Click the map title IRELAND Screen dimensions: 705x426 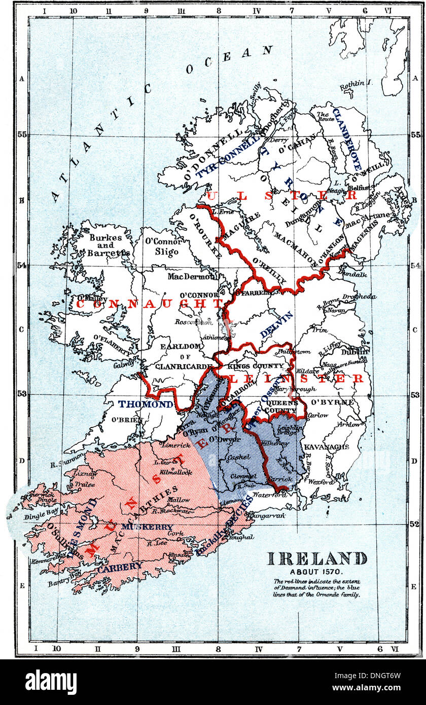point(317,558)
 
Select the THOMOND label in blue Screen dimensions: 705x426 point(146,404)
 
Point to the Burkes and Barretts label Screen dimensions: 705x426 point(110,245)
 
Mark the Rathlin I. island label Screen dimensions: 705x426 point(356,82)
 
